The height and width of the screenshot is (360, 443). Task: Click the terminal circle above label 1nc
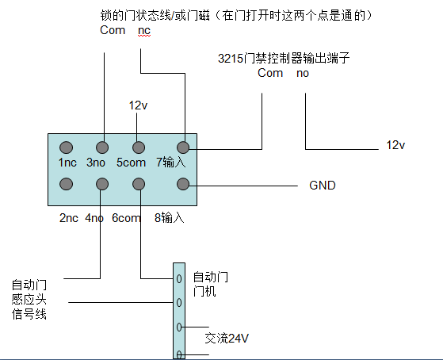(67, 147)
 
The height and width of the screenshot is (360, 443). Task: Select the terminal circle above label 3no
(102, 147)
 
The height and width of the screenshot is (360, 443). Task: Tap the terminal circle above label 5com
(139, 147)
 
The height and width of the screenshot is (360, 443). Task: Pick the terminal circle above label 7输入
(183, 147)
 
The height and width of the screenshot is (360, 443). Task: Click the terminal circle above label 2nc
(67, 184)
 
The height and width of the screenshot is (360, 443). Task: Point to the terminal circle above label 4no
(102, 184)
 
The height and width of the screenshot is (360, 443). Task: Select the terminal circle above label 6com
(139, 184)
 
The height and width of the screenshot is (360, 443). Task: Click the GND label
(323, 186)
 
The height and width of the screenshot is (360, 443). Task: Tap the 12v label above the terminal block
(139, 105)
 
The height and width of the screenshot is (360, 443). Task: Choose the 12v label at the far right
(395, 144)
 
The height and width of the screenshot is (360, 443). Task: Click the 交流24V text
(228, 338)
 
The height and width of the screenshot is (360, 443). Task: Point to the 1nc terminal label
(67, 163)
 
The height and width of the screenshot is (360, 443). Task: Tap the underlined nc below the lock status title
(143, 31)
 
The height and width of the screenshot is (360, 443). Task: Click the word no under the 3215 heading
(303, 73)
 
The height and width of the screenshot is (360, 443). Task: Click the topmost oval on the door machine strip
(180, 279)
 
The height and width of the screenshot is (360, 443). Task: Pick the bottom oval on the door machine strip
(180, 354)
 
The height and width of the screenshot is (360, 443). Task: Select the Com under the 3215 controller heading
(270, 73)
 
